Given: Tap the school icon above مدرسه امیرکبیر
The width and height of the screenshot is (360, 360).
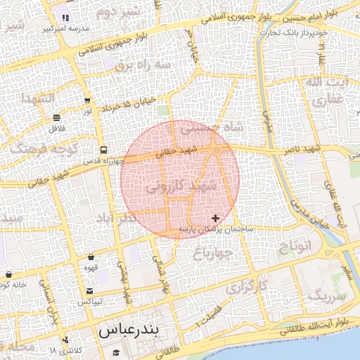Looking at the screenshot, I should (65, 18).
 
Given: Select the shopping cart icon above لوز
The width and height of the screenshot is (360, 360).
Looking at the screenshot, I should (87, 101).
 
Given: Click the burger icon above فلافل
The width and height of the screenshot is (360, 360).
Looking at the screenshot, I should (56, 117).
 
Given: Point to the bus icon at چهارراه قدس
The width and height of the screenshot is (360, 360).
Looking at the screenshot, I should (103, 150).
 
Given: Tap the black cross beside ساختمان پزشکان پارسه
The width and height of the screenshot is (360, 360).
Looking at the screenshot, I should (215, 219).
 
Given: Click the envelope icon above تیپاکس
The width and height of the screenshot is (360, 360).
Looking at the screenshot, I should (89, 291).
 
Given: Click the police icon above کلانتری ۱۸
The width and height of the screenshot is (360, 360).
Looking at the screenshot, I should (65, 340).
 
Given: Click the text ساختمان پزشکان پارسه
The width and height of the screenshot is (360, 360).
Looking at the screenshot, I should (216, 229).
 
